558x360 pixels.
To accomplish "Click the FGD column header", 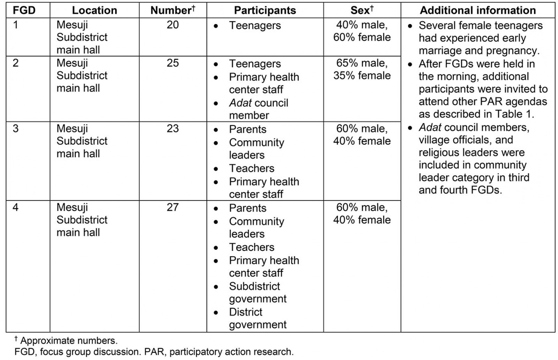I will coord(24,10).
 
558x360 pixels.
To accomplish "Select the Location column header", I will coord(94,10).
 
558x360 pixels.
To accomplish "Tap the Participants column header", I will coord(265,10).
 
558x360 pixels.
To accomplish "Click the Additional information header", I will coord(477,10).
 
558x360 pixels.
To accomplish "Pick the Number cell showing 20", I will coord(173,25).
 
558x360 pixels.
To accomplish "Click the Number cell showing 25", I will coord(173,63).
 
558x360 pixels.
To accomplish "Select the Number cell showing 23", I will coord(173,129).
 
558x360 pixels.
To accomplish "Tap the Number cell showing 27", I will coord(173,207).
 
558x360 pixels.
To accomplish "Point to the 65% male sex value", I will coord(362,63).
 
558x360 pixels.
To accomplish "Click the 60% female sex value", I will coord(362,37).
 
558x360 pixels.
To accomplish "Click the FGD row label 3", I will coord(16,129).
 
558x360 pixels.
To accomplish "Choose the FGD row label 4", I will coord(16,207).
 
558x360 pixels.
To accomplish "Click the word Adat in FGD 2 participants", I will coord(240,103).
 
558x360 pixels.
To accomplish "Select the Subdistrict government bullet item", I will coord(257,292).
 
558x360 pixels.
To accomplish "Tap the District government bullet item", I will coord(257,318).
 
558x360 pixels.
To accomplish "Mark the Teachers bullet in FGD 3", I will coord(251,168).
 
